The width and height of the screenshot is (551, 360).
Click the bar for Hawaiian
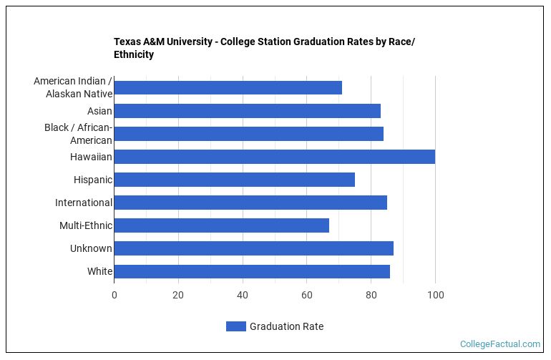point(274,157)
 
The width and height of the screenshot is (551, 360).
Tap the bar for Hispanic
point(234,180)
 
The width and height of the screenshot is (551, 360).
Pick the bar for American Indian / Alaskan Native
point(228,88)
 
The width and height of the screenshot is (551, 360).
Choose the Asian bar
point(247,111)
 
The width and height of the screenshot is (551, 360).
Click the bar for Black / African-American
point(248,134)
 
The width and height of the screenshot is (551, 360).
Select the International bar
point(250,203)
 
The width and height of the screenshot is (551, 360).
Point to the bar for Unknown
point(253,248)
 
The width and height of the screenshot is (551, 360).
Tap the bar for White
point(252,271)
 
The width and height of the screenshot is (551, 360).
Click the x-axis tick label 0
point(114,295)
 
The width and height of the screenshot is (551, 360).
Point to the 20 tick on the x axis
point(178,295)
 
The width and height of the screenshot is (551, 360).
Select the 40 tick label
point(243,295)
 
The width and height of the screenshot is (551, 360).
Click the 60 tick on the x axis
point(307,295)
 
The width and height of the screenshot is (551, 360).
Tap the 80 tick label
point(371,295)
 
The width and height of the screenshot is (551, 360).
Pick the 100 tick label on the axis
point(435,295)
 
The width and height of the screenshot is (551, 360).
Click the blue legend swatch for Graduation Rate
point(235,326)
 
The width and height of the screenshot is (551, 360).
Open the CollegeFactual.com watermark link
point(499,344)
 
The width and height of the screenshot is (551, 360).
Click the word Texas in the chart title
point(127,42)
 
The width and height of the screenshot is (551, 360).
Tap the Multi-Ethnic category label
point(86,225)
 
